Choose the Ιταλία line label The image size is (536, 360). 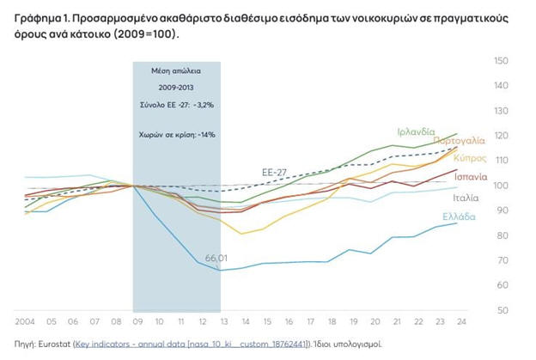click(x=478, y=198)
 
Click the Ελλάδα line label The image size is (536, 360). click(x=459, y=217)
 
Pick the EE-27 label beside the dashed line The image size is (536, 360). click(x=275, y=173)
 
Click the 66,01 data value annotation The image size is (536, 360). click(x=219, y=258)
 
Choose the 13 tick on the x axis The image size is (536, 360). click(x=222, y=323)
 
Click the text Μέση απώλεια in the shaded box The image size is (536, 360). click(x=176, y=71)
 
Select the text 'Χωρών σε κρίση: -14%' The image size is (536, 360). click(x=176, y=135)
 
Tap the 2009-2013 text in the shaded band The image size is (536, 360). click(x=176, y=88)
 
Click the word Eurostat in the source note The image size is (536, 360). click(x=53, y=344)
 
